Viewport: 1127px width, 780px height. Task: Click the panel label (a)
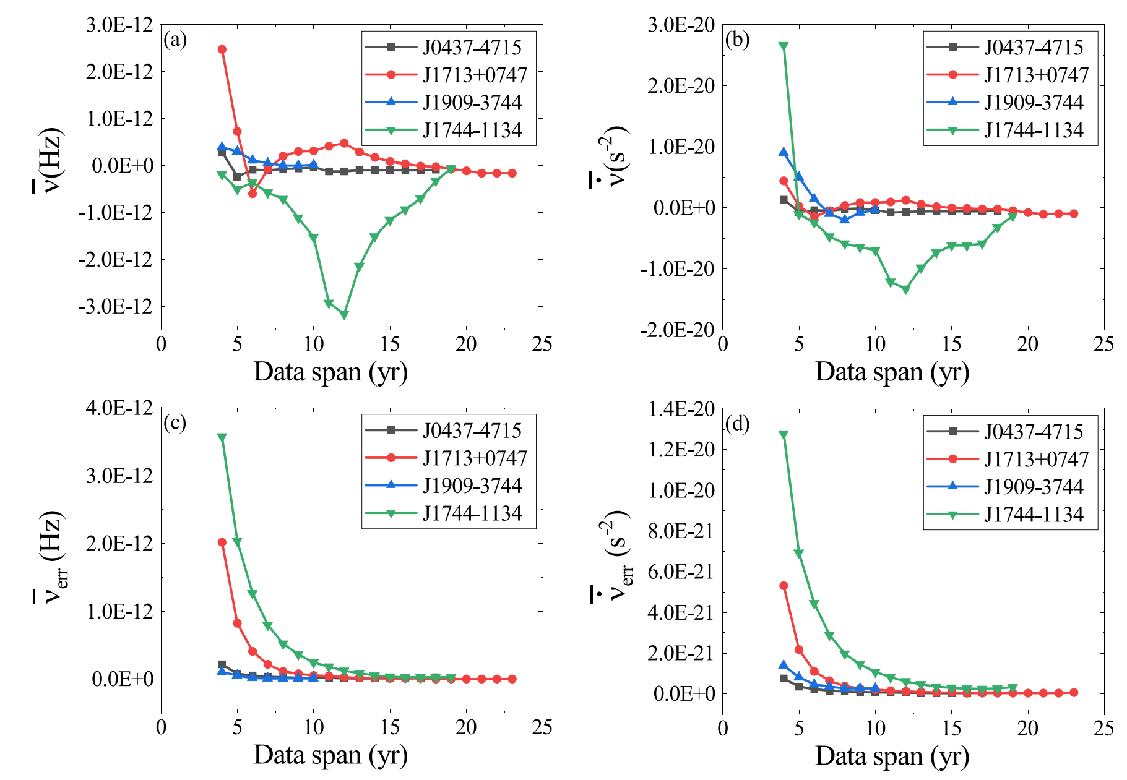(x=175, y=40)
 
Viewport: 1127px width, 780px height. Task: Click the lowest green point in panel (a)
(x=344, y=315)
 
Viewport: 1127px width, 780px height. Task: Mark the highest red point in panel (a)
(x=222, y=49)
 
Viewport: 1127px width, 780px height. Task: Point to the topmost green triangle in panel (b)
(x=784, y=46)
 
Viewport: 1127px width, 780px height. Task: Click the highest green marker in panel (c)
(x=222, y=437)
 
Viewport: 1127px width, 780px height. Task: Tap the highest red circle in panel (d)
(x=784, y=586)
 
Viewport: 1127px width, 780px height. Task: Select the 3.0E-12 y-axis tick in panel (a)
(x=121, y=25)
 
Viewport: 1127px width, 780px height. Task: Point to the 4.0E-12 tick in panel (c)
(x=121, y=408)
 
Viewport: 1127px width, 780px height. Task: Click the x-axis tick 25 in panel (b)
(x=1103, y=345)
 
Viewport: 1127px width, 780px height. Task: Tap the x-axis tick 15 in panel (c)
(x=390, y=727)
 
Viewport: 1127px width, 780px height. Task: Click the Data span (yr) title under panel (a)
(x=330, y=372)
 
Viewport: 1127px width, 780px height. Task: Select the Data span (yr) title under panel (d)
(x=892, y=756)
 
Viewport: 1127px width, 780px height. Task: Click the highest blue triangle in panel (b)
(x=784, y=152)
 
